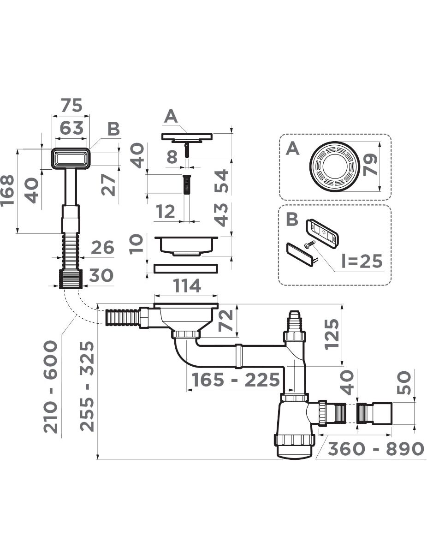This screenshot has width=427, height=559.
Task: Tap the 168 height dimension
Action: [7, 191]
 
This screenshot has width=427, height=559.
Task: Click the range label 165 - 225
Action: [236, 380]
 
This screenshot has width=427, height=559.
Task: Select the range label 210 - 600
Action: [50, 387]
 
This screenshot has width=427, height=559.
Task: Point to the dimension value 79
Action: [370, 165]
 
